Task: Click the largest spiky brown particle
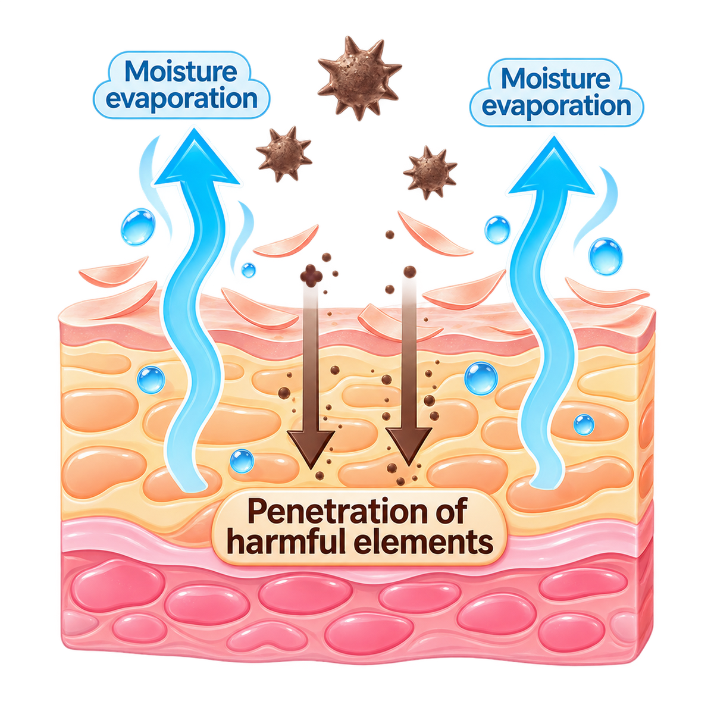pyautogui.click(x=359, y=77)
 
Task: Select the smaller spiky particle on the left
pyautogui.click(x=284, y=154)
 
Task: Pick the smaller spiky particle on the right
pyautogui.click(x=430, y=173)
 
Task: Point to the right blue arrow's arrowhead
pyautogui.click(x=552, y=166)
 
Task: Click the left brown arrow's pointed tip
pyautogui.click(x=311, y=469)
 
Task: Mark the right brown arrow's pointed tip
pyautogui.click(x=409, y=465)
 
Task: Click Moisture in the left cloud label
pyautogui.click(x=181, y=71)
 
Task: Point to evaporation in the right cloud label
pyautogui.click(x=556, y=106)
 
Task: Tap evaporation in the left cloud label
pyautogui.click(x=181, y=99)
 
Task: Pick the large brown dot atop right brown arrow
pyautogui.click(x=409, y=272)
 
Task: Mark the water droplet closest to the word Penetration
pyautogui.click(x=242, y=461)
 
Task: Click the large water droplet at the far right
pyautogui.click(x=606, y=256)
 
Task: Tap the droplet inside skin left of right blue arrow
pyautogui.click(x=481, y=378)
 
